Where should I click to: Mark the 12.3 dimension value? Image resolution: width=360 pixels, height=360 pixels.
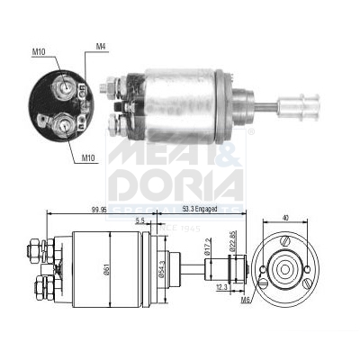(x=221, y=287)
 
